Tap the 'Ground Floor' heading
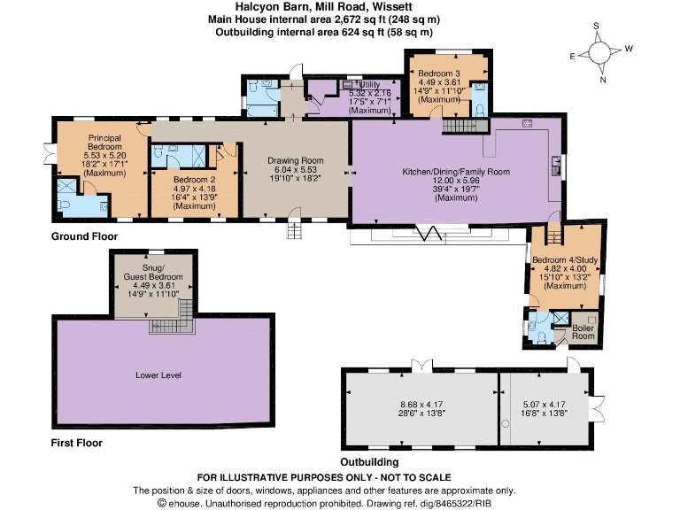[x=84, y=237]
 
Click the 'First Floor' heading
[x=76, y=443]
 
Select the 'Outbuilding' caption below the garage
[x=369, y=462]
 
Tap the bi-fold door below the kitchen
[x=433, y=233]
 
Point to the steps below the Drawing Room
[x=294, y=230]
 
